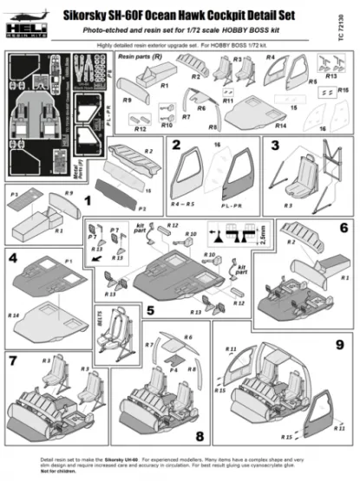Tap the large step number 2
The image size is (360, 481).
pos(176,145)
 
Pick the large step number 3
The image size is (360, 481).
pos(275,145)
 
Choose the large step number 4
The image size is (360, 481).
pos(12,257)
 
